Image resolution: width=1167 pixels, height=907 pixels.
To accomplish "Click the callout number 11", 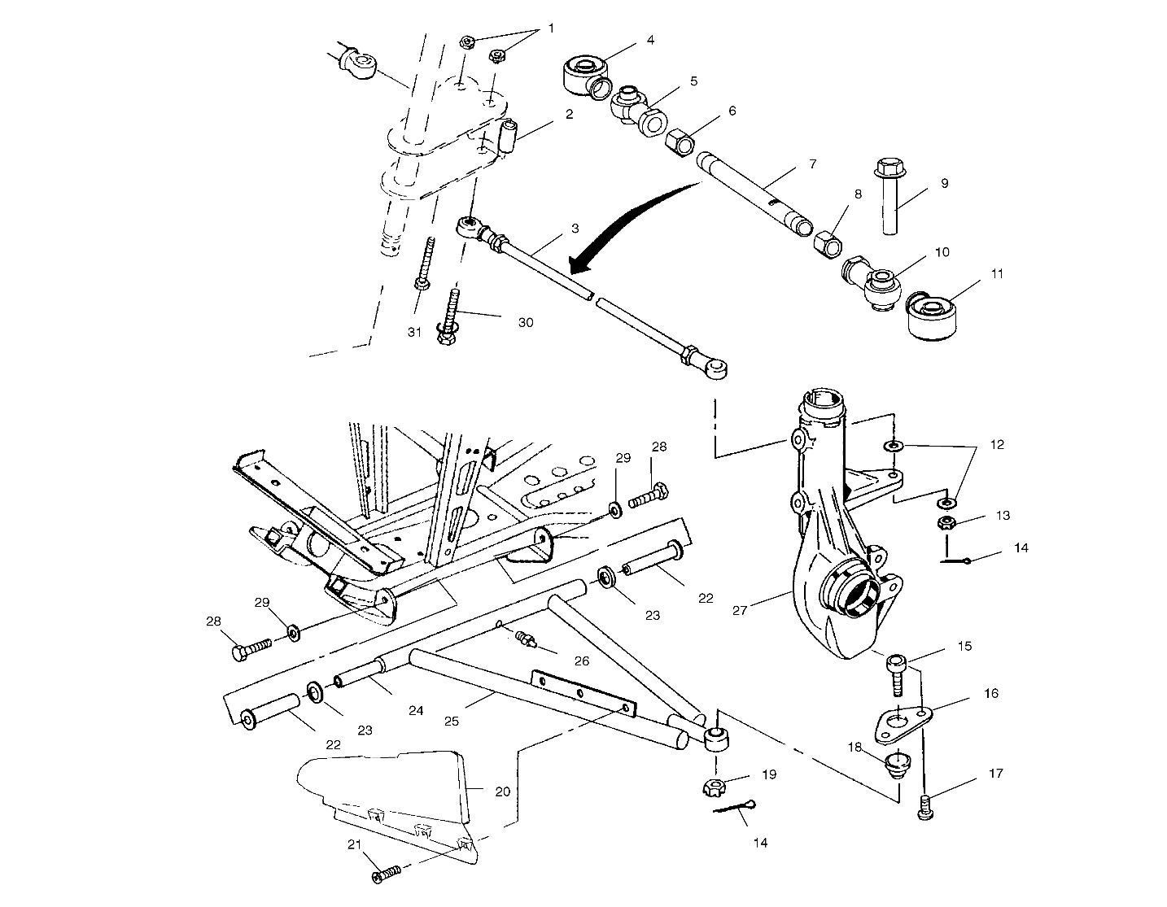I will coord(998,274).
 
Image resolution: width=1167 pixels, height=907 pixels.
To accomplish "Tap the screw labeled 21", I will coord(386,875).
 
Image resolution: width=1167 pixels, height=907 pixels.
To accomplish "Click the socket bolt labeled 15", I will coord(897,672).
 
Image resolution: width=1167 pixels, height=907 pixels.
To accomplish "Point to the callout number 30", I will coord(526,322).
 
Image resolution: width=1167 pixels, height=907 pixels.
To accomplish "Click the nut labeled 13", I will coord(947,522).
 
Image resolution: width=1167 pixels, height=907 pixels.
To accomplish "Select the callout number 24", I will coord(416,710).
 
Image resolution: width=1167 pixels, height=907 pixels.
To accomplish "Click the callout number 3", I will coord(575,229).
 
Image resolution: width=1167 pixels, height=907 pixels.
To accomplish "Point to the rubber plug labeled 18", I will coord(896,763).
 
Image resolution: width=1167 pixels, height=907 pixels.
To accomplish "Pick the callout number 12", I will coord(997,445).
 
